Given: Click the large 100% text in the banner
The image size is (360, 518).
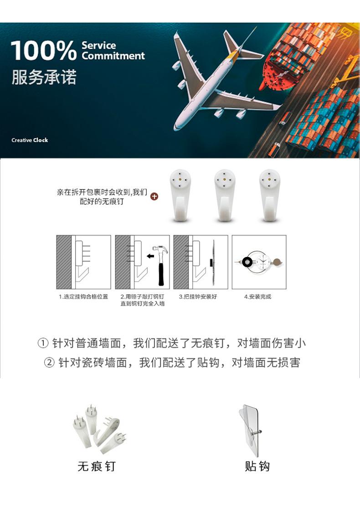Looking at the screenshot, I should pos(44,51).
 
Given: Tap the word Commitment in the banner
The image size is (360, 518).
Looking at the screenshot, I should pos(113,56).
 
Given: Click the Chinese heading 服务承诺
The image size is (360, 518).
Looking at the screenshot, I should pos(44,77).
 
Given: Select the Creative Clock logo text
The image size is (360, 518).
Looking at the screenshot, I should pos(30,140).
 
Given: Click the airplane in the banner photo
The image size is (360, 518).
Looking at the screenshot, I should pos(214,80).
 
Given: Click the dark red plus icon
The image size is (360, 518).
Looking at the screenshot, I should pos(154,197).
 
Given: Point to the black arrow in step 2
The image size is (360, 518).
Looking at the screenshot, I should pos(150,256).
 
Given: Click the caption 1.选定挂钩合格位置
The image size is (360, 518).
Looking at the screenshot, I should pos(83,297).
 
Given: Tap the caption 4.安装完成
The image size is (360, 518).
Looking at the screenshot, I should pos(257,297).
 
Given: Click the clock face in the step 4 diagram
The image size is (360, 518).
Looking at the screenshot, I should pos(263,262).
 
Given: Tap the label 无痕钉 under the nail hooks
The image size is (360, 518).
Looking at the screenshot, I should pos(97,466).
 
